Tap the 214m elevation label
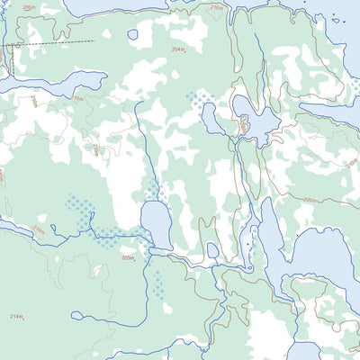point(17,317)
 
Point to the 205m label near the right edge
point(308,201)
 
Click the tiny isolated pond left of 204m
point(133,35)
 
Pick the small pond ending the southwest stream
point(77,315)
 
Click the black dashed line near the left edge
point(54,42)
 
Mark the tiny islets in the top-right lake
point(337,20)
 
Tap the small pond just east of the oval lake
point(212,249)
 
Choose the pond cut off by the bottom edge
point(303,351)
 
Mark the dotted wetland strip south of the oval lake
point(158,284)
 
